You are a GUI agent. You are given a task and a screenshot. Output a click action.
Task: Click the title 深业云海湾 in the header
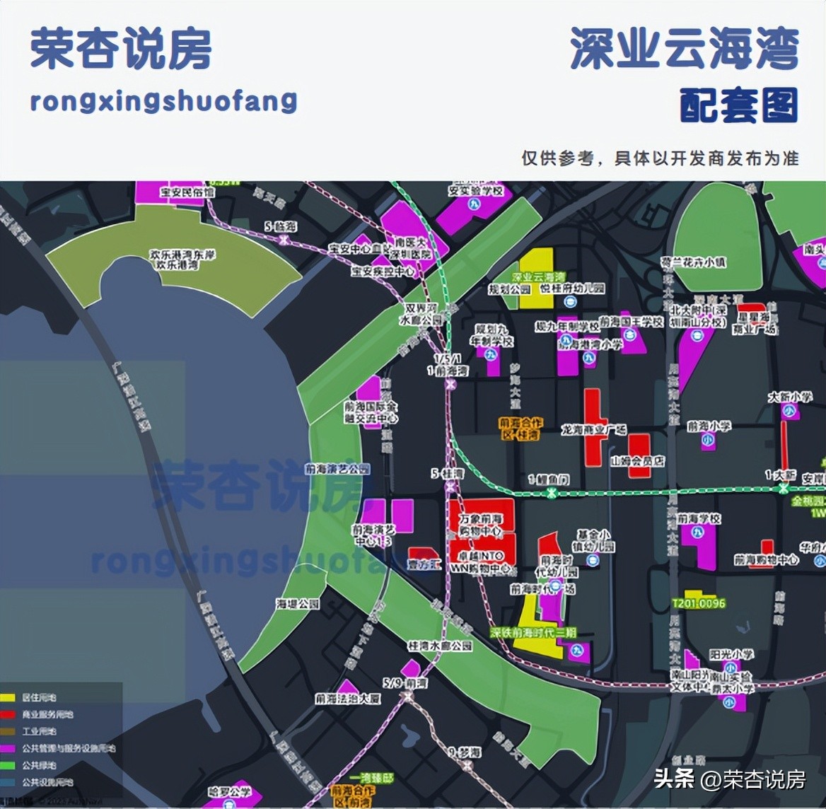pyautogui.click(x=684, y=50)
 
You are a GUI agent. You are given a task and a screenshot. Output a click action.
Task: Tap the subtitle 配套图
pyautogui.click(x=739, y=106)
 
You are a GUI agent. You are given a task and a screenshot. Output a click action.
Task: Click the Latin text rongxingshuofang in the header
pyautogui.click(x=163, y=101)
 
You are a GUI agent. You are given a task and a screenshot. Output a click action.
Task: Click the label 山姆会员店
pyautogui.click(x=638, y=461)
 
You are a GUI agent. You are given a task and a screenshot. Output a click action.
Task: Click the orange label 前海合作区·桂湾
pyautogui.click(x=520, y=429)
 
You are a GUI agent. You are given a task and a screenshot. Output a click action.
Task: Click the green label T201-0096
pyautogui.click(x=699, y=603)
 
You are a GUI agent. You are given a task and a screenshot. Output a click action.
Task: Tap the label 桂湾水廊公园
pyautogui.click(x=439, y=646)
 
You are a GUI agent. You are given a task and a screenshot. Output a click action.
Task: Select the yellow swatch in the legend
pyautogui.click(x=8, y=697)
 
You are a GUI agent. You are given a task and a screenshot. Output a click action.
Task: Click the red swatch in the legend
pyautogui.click(x=8, y=714)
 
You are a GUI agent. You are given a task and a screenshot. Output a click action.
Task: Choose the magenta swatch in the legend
pyautogui.click(x=8, y=748)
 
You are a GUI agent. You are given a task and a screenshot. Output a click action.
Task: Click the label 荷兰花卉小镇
pyautogui.click(x=694, y=262)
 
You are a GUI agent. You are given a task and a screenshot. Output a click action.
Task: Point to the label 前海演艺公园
pyautogui.click(x=337, y=469)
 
